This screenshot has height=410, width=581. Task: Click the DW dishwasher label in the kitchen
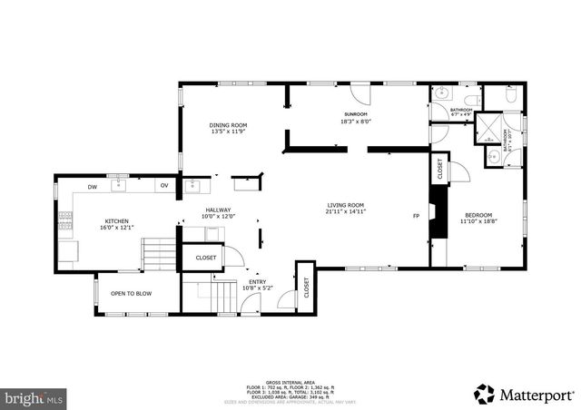tap(93, 187)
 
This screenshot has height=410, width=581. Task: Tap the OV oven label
tap(164, 187)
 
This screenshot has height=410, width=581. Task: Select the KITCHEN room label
tap(116, 221)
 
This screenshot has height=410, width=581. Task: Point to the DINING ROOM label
tap(229, 125)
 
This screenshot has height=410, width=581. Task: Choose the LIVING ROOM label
tap(346, 205)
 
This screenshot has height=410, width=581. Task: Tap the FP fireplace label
tap(417, 216)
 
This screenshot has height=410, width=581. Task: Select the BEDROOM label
tap(478, 214)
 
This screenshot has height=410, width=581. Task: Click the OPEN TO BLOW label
tap(131, 294)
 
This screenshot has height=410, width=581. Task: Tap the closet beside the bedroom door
tap(439, 168)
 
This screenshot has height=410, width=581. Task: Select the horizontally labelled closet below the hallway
tap(206, 259)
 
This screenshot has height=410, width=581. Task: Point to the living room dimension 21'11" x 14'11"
tap(346, 211)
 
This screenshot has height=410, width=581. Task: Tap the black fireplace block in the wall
tap(438, 216)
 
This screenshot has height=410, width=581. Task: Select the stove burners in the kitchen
tap(65, 219)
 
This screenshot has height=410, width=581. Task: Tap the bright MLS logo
tap(34, 397)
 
